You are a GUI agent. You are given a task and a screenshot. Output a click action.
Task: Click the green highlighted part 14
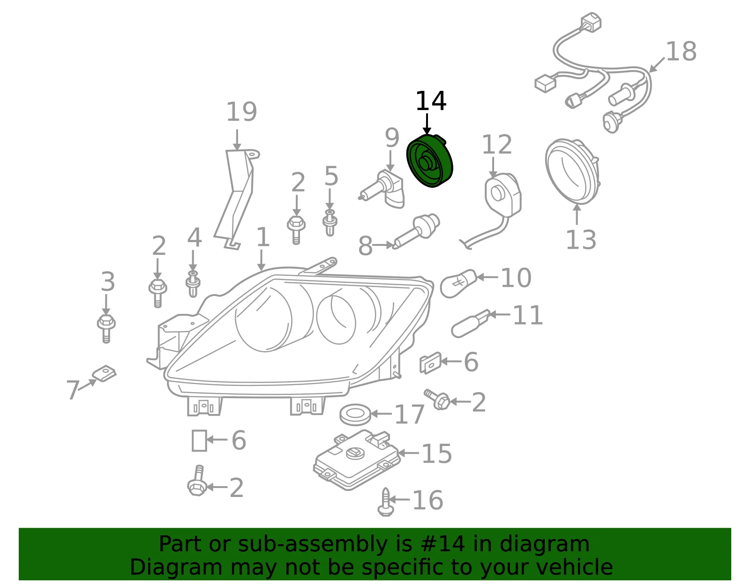[429, 161]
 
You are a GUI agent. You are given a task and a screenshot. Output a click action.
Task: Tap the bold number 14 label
[431, 101]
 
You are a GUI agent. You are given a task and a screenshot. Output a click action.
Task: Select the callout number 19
[241, 112]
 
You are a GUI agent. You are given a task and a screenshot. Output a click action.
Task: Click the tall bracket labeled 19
[236, 199]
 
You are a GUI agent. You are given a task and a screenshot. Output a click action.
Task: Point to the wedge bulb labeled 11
[471, 323]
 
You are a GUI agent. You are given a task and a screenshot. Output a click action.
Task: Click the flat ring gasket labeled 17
[355, 415]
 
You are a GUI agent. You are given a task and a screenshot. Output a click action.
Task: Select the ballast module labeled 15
[357, 459]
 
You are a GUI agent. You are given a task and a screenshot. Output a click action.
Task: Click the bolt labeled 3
[106, 328]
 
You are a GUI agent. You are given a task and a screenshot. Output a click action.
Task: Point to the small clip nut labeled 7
[104, 373]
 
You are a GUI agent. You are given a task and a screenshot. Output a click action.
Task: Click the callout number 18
[681, 52]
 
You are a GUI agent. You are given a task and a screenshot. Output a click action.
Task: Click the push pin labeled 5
[330, 222]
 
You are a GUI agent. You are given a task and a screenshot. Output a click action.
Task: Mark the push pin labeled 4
[193, 284]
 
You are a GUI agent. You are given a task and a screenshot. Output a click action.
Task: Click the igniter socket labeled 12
[502, 195]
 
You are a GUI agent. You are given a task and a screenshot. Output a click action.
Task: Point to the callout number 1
[263, 237]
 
